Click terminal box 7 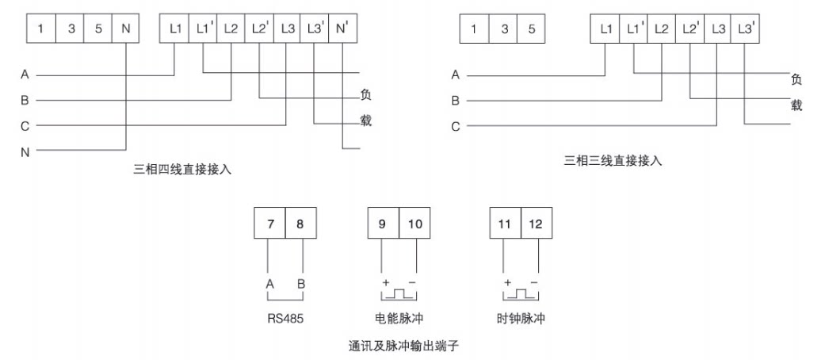pos(269,224)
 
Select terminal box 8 pos(300,224)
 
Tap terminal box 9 pos(383,224)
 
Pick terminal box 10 pos(415,224)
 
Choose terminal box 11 pos(505,224)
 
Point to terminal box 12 pos(537,224)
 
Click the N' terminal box pos(342,29)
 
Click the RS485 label pos(285,320)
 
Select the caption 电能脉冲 pos(399,320)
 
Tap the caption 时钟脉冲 pos(521,320)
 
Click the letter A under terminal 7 pos(269,283)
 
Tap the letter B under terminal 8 pos(300,283)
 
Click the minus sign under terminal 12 pos(534,283)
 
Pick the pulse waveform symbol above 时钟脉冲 pos(521,296)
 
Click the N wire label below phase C pos(25,151)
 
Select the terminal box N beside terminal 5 pos(126,29)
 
